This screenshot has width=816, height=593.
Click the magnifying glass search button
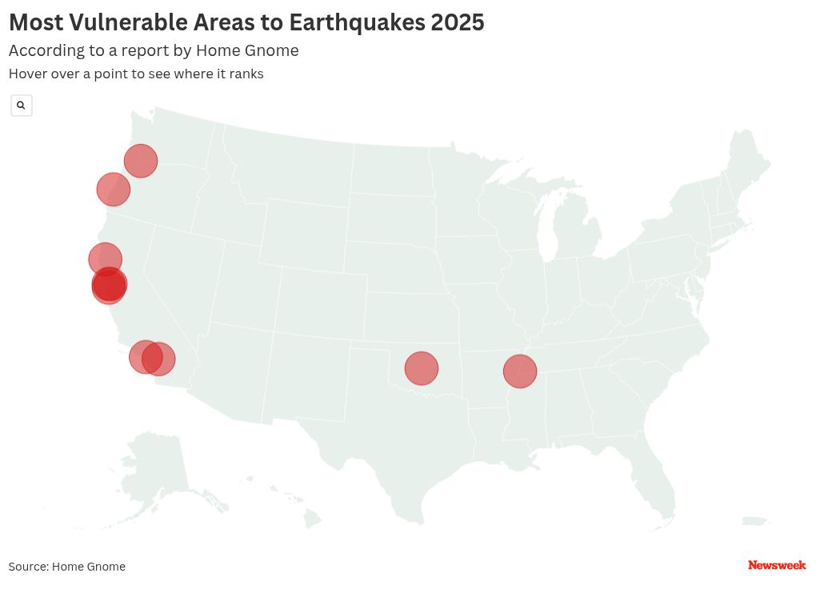point(22,105)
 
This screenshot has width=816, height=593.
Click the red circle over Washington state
point(141,161)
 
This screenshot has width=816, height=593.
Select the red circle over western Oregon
point(114,189)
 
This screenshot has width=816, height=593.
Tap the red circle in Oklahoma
point(422,368)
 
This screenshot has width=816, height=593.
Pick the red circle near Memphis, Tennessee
point(520,372)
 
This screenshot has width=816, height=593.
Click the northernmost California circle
point(105,258)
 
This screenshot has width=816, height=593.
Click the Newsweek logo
point(776,565)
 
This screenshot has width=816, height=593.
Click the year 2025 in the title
point(457,22)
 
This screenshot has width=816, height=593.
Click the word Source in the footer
point(27,567)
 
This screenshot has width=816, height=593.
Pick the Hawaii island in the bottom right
point(754,522)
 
